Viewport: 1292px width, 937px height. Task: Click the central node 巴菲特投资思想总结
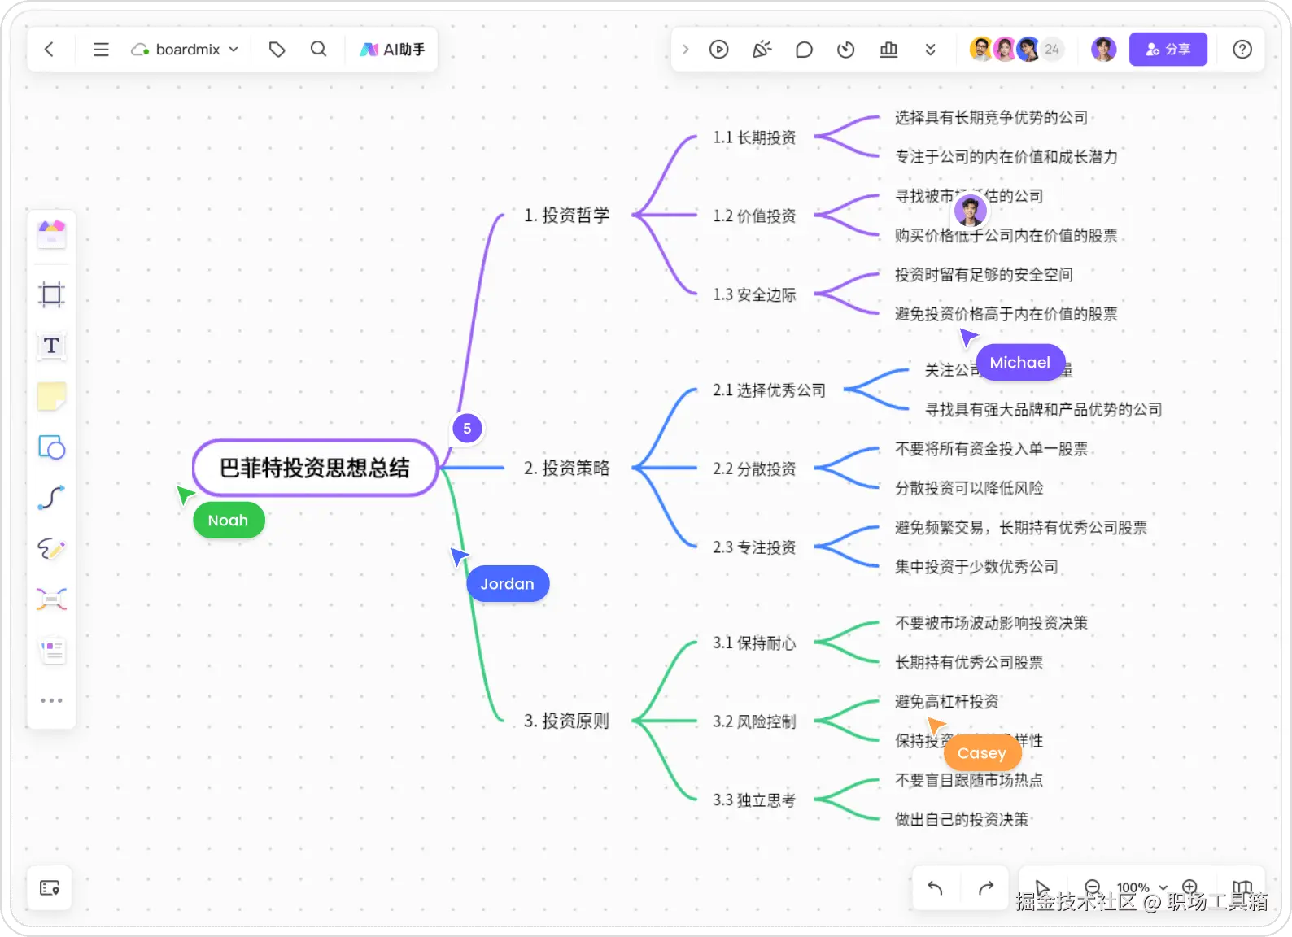315,468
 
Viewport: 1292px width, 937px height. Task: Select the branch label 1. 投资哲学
567,216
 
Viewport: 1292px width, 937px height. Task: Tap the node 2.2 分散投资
754,469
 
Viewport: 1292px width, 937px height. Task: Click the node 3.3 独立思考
754,800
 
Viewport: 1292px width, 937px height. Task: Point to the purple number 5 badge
467,429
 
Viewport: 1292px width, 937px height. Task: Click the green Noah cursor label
228,521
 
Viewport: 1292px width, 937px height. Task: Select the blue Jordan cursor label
508,584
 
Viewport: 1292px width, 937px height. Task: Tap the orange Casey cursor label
982,753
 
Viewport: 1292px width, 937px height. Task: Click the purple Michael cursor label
1019,363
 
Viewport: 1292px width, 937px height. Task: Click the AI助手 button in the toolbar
393,50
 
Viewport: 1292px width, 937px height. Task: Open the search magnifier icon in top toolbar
318,50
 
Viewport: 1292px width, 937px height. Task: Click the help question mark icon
1242,50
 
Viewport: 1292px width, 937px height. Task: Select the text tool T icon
51,346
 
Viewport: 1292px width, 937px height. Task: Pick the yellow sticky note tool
51,397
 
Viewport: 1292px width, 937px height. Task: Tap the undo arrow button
936,888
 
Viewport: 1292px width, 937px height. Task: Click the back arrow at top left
50,50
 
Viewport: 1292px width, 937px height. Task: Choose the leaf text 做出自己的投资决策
962,820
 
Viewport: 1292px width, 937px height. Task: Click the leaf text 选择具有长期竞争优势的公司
991,118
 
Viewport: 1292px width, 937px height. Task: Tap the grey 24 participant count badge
1052,50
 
